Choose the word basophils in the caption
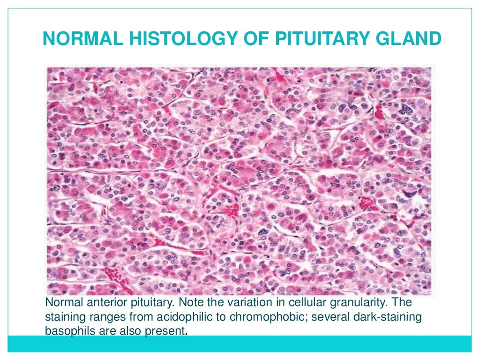pyautogui.click(x=68, y=330)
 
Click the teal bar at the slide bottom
pyautogui.click(x=240, y=343)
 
